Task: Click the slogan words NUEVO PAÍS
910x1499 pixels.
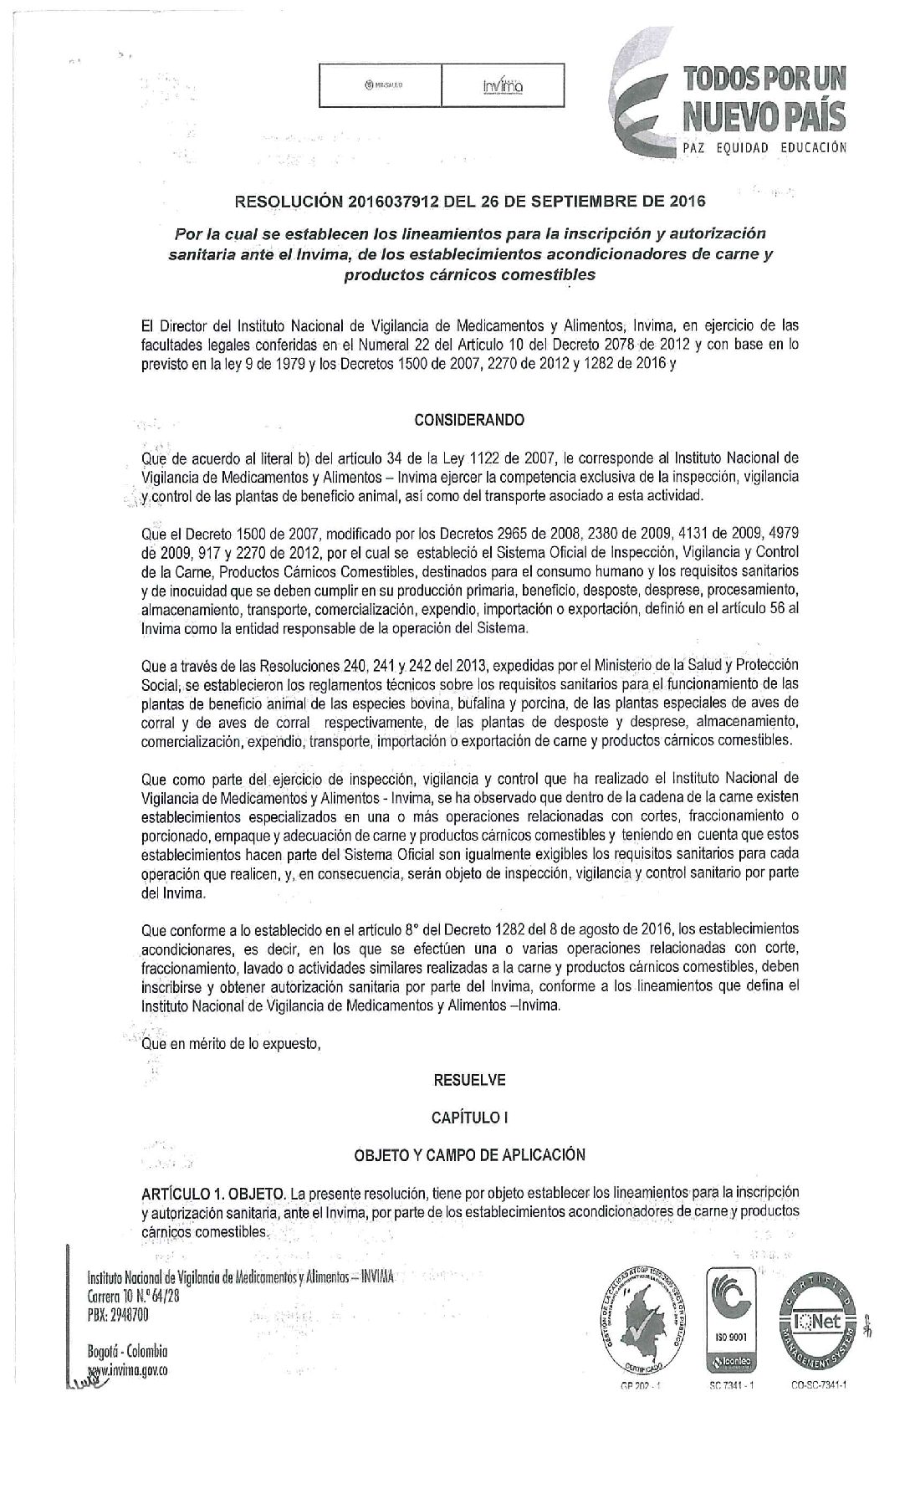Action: tap(764, 115)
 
